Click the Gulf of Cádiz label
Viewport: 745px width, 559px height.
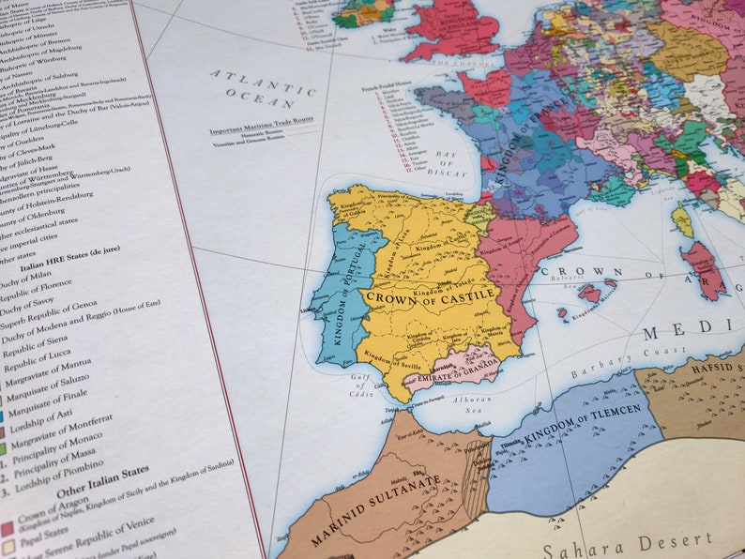[364, 385]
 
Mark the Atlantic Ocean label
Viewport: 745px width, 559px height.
[262, 87]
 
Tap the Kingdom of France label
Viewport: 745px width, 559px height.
[515, 142]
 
